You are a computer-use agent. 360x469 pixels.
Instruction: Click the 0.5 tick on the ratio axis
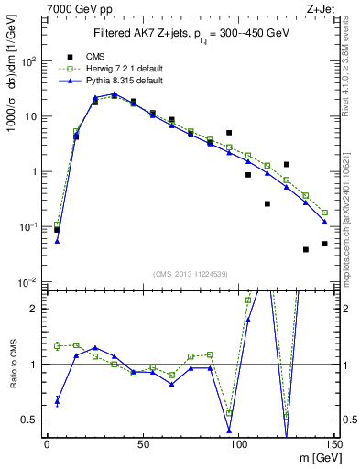coord(31,420)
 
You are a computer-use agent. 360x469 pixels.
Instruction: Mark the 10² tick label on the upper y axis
coord(29,61)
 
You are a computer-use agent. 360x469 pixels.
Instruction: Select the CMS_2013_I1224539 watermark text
coord(189,274)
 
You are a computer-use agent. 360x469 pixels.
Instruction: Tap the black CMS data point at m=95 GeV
coord(229,133)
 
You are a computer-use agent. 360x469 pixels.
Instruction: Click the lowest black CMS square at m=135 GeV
coord(306,249)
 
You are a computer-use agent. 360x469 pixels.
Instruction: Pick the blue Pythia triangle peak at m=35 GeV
coord(114,94)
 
